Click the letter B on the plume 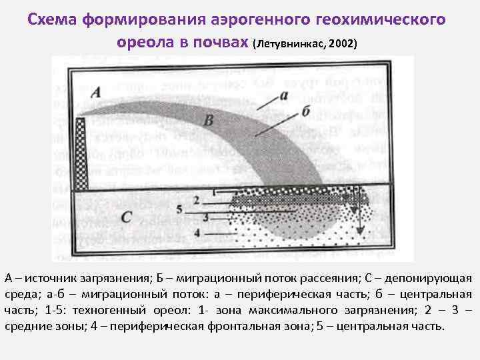pyautogui.click(x=208, y=121)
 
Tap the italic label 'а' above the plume pyautogui.click(x=285, y=95)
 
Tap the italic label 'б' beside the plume pyautogui.click(x=305, y=110)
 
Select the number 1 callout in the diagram pyautogui.click(x=214, y=192)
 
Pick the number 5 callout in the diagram pyautogui.click(x=180, y=209)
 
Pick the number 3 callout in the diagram pyautogui.click(x=206, y=217)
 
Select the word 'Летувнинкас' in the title pyautogui.click(x=292, y=43)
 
